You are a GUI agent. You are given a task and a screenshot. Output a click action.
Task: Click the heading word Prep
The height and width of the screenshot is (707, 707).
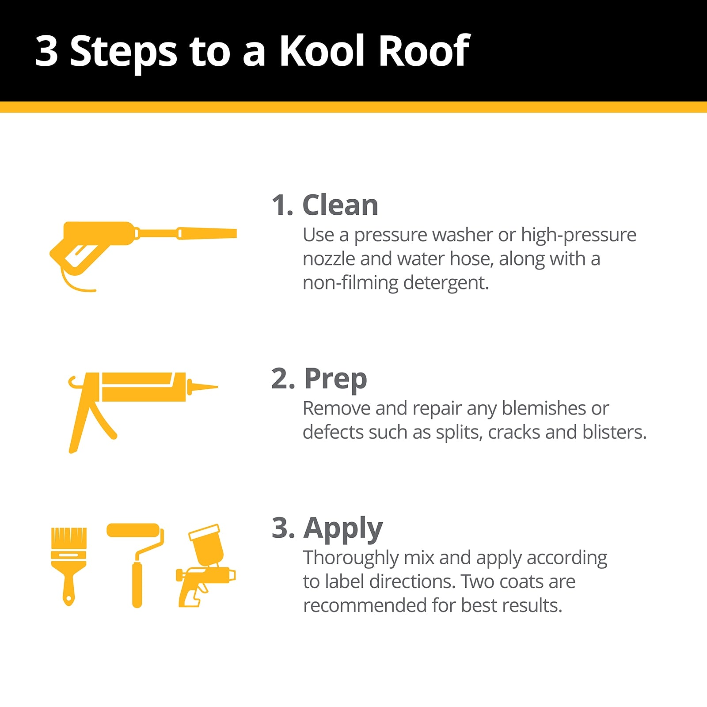[335, 380]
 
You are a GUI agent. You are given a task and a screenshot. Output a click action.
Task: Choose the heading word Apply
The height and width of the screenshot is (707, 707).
[343, 529]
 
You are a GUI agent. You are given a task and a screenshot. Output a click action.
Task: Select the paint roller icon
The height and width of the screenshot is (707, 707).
[135, 566]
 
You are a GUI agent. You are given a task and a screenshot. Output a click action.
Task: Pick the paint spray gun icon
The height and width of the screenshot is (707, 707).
[205, 566]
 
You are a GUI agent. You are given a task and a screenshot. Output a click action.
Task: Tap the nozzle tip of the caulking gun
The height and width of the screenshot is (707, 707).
[217, 387]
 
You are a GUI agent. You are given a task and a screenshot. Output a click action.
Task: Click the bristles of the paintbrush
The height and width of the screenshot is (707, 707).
[69, 538]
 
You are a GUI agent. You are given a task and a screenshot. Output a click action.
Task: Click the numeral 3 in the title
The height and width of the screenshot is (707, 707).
[46, 51]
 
